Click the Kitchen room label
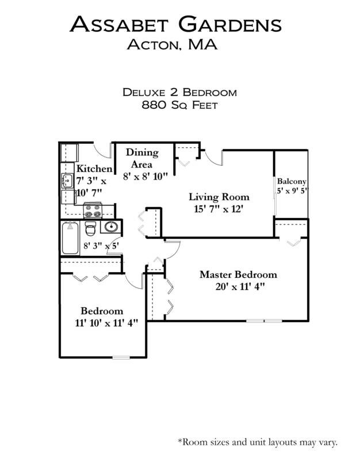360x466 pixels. coord(94,169)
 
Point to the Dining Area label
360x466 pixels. coord(142,158)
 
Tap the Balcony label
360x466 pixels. coord(292,180)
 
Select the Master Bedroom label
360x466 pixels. coord(238,274)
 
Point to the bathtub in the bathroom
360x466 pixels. coord(71,239)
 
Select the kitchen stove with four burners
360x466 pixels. coord(93,211)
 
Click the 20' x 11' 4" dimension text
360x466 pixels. coord(238,286)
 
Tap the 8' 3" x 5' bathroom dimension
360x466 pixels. coord(101,246)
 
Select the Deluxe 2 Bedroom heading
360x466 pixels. coord(180,92)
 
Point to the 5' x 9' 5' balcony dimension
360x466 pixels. coord(292,190)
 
